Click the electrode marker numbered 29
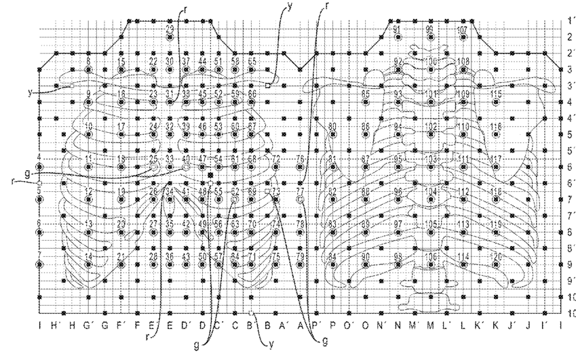point(170,37)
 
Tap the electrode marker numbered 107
point(463,37)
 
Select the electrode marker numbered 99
point(430,37)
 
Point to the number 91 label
point(397,30)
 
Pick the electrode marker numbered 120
point(496,264)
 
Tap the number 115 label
point(496,94)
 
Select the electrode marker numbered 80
point(332,134)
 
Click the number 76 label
point(300,159)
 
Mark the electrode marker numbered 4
point(39,167)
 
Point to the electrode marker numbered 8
point(89,70)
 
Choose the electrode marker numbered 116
point(496,134)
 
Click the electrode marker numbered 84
point(332,264)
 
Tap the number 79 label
point(300,256)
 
